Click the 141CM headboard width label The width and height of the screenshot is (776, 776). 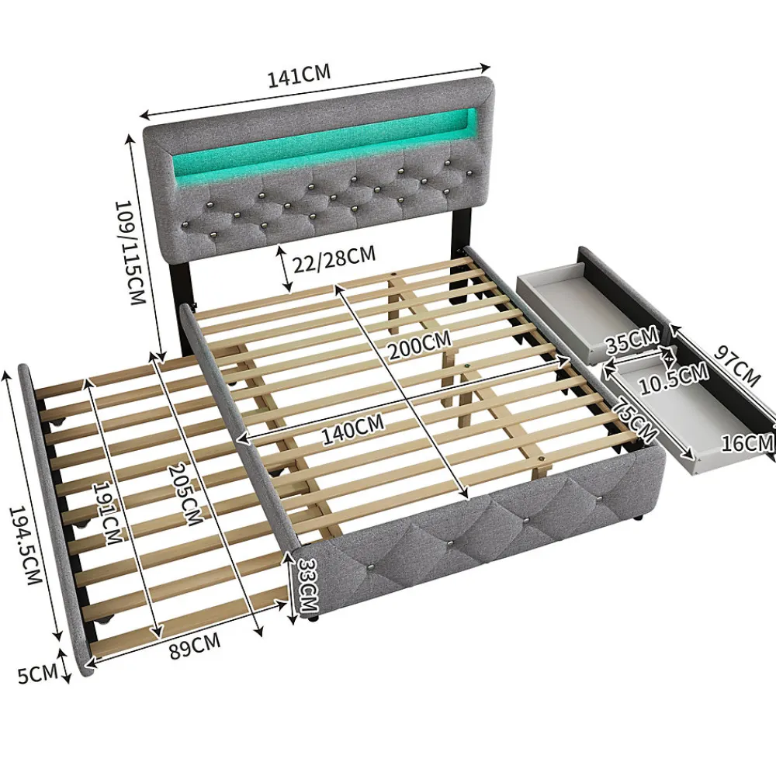click(299, 76)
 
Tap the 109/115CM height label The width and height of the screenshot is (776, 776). click(130, 252)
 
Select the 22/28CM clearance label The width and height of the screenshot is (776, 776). click(334, 258)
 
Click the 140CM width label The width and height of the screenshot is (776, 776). click(353, 429)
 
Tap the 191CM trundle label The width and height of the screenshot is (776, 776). click(107, 513)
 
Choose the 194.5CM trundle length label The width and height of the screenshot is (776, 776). click(24, 545)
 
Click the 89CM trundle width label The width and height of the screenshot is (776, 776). click(195, 646)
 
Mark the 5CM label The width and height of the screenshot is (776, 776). click(37, 674)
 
